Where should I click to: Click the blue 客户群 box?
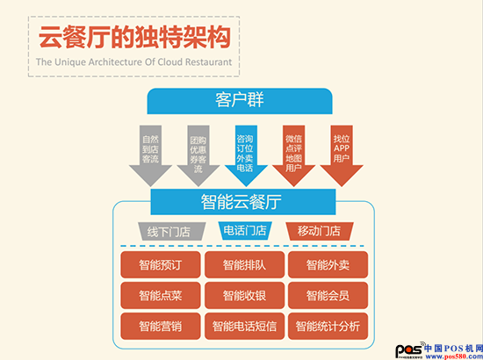tap(240, 101)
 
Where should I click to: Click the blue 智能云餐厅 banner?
tap(243, 202)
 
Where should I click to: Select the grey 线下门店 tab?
tap(171, 231)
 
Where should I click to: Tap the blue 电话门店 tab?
tap(245, 231)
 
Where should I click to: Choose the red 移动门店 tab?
tap(320, 231)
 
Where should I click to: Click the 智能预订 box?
tap(161, 265)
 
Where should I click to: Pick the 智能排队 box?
tap(245, 265)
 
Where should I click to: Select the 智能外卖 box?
tap(328, 265)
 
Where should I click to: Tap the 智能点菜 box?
tap(161, 296)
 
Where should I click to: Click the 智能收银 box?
tap(245, 296)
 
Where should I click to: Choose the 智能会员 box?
tap(328, 296)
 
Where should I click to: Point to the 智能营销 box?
tap(161, 327)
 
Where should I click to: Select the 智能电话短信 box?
tap(245, 327)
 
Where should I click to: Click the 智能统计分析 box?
tap(328, 327)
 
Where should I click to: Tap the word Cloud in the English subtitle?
tap(170, 61)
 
